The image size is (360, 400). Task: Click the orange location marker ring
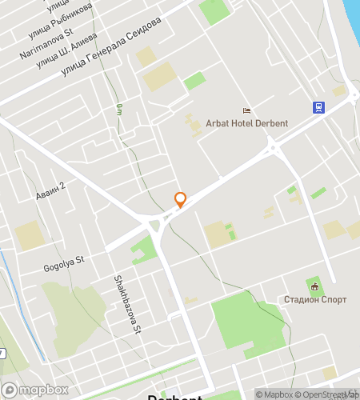click(x=180, y=199)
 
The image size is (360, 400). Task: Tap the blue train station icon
click(x=318, y=107)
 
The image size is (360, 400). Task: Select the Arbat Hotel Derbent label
click(x=246, y=123)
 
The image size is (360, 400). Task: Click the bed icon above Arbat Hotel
click(x=246, y=110)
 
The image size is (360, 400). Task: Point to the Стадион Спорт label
click(x=314, y=300)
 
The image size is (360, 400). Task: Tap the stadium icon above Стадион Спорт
click(x=314, y=286)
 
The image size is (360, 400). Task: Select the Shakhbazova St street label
click(x=127, y=305)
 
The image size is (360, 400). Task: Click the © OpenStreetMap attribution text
click(x=328, y=394)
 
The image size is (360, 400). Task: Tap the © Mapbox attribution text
click(x=275, y=394)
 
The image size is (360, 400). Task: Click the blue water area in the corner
click(x=353, y=10)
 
